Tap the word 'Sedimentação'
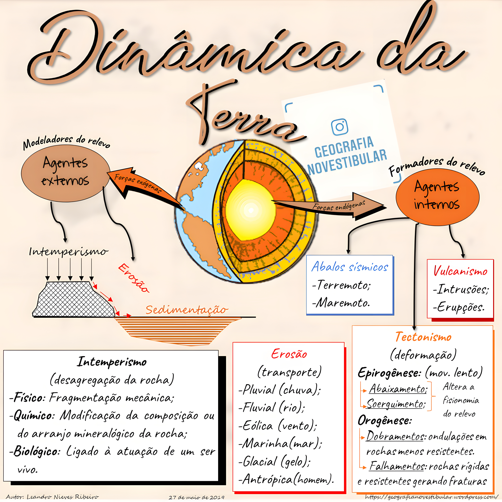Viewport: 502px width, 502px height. point(187,310)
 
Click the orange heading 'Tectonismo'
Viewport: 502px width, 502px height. point(423,337)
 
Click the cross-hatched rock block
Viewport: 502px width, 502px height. point(74,300)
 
